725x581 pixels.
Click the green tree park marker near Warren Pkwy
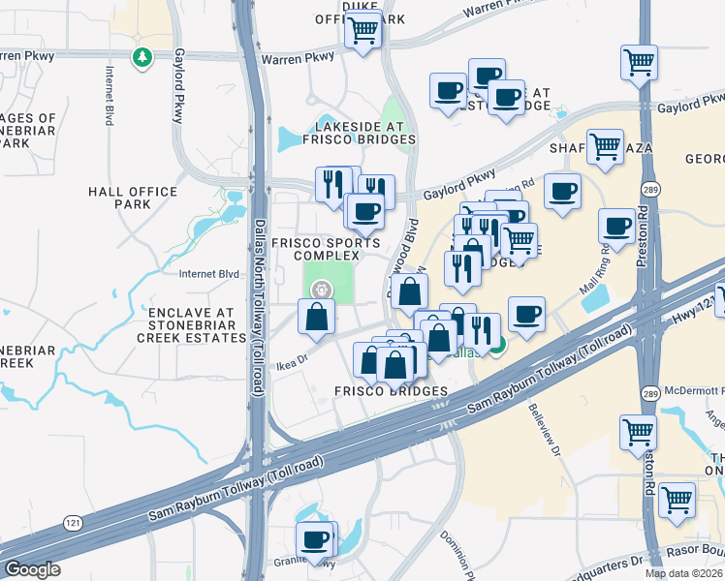[142, 58]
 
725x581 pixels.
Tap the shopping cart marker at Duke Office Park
[363, 32]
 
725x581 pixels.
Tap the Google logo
[31, 569]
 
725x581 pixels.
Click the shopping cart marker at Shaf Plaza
[605, 147]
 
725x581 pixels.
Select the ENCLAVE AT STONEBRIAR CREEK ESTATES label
[191, 325]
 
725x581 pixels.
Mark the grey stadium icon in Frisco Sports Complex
[319, 289]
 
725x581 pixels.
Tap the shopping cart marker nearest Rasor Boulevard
[677, 501]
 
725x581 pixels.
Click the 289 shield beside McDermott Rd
[649, 393]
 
